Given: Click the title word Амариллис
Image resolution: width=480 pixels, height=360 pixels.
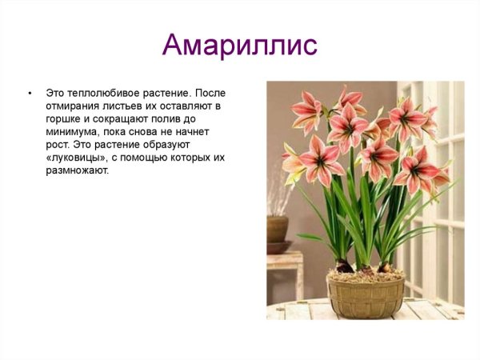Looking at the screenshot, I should [239, 44].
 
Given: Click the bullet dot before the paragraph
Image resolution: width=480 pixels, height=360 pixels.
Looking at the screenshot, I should [30, 93].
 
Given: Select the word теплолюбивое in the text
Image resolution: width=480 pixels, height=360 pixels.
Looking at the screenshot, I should [99, 93].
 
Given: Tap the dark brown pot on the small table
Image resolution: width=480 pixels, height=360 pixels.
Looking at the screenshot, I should [277, 229].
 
